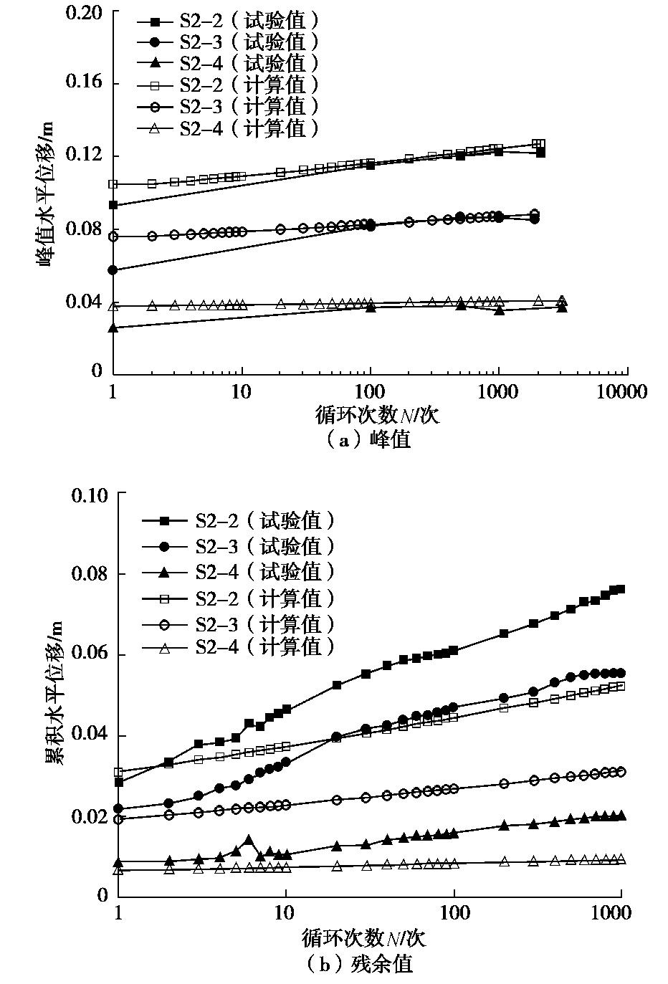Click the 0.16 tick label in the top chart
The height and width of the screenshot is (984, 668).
tap(84, 82)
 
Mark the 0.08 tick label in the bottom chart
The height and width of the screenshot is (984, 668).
tap(89, 574)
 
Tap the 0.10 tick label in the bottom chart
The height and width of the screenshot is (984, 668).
tap(89, 494)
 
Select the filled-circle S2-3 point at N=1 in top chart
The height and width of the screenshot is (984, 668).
tap(113, 270)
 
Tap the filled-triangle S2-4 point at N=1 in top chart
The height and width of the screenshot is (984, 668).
tap(113, 328)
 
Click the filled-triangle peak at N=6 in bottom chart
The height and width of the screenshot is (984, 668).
tap(249, 839)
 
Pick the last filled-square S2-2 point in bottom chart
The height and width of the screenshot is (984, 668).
tap(621, 589)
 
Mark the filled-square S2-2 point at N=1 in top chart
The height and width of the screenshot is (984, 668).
tap(113, 205)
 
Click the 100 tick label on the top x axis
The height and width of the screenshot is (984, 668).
tap(369, 391)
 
